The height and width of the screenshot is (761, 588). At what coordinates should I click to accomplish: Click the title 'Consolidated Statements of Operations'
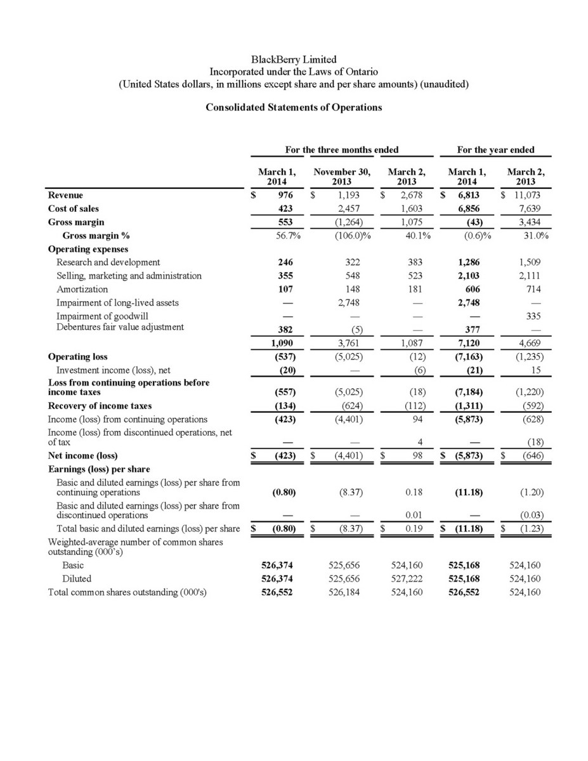click(294, 107)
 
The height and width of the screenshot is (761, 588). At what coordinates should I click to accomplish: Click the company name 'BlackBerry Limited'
click(294, 60)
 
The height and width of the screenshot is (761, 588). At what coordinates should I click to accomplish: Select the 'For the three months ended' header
click(341, 150)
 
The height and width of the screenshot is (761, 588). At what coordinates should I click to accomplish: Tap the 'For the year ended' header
click(495, 150)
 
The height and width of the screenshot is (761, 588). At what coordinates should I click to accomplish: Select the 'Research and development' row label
click(108, 262)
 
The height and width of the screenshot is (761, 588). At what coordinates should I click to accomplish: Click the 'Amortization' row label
click(82, 289)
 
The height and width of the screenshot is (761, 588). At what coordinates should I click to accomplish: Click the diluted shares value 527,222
click(407, 578)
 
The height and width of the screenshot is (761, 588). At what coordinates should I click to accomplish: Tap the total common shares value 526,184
click(346, 592)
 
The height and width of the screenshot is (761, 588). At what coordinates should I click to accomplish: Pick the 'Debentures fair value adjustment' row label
click(120, 327)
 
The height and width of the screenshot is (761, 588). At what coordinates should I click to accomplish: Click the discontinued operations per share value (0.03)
click(533, 515)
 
